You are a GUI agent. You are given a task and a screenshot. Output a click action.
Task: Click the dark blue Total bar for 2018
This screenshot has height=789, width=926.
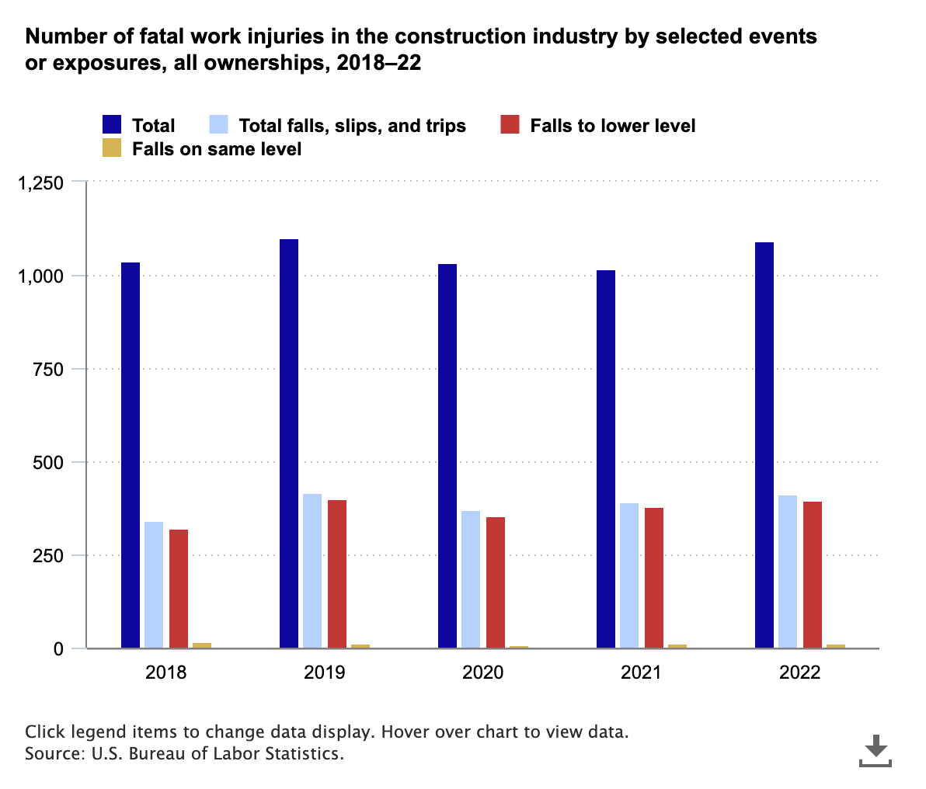coord(131,455)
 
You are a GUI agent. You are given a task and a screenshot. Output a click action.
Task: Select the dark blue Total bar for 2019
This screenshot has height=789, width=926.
coord(289,443)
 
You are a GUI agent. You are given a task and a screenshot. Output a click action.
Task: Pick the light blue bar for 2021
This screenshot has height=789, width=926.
coord(629,575)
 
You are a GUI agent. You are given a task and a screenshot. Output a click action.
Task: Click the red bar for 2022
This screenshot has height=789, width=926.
coord(813,575)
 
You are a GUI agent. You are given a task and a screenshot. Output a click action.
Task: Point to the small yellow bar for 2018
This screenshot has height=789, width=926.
coord(202,645)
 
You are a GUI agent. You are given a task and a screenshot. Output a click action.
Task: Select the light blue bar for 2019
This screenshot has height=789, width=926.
coord(312,571)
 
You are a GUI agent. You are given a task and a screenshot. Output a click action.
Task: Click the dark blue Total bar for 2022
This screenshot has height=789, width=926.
coord(764,445)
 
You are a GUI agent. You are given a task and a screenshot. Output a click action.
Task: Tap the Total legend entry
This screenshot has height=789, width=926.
coord(153,125)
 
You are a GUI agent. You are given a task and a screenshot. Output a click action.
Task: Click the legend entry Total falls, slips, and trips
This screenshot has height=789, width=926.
coord(352,125)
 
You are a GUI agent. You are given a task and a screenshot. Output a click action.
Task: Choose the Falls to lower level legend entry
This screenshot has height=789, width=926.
coord(612,125)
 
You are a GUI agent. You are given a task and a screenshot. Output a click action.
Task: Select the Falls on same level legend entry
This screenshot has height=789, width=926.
coord(216,148)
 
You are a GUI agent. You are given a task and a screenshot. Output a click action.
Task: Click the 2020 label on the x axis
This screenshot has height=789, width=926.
coord(482,673)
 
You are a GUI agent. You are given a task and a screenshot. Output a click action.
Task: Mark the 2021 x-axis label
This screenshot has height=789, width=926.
coord(641,673)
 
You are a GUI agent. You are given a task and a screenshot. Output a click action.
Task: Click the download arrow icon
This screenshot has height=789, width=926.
coord(876,749)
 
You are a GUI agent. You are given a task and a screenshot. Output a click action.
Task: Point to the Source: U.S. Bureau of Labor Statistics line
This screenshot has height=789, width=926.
coord(184,754)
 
